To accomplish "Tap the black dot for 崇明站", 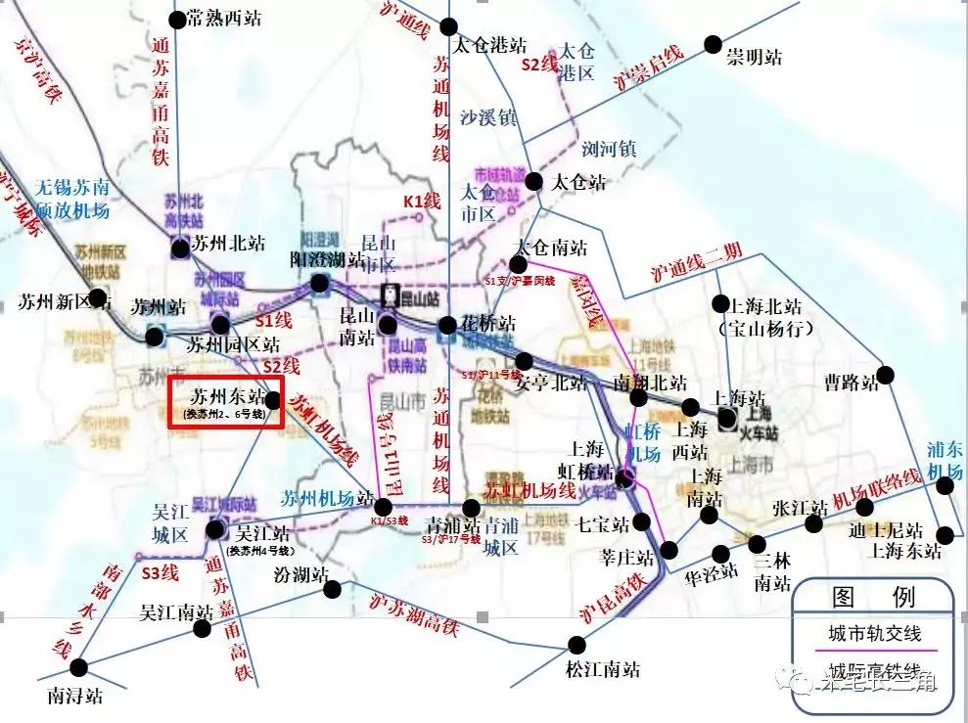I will tap(714, 44).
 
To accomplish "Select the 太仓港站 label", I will tap(490, 45).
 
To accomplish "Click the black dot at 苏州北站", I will tap(181, 249).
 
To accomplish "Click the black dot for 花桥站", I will tap(447, 325).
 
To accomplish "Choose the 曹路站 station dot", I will tap(886, 375).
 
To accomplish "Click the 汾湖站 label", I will tap(300, 573).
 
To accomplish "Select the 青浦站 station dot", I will tap(472, 508).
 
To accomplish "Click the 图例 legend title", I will tap(873, 597).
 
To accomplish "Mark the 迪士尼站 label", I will tap(886, 529).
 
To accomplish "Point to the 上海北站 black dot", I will tap(721, 303).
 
